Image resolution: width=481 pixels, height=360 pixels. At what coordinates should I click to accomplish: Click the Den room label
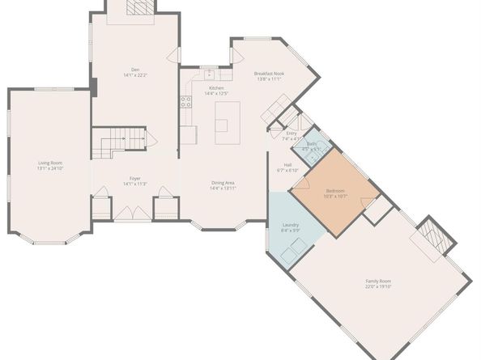135,70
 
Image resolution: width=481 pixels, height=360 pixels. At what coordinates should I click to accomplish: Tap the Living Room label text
49,163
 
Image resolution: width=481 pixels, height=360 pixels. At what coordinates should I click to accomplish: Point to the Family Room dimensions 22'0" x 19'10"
377,286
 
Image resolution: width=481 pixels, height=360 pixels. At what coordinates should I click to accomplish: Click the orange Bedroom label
335,191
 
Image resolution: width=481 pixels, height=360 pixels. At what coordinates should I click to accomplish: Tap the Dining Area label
223,183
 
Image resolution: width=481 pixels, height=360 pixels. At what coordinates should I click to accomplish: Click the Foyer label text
135,178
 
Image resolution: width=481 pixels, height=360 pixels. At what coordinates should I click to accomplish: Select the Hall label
287,165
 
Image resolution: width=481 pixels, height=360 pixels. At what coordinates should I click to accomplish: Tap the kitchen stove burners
185,102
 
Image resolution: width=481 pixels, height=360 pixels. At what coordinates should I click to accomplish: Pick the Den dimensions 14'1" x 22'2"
135,75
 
